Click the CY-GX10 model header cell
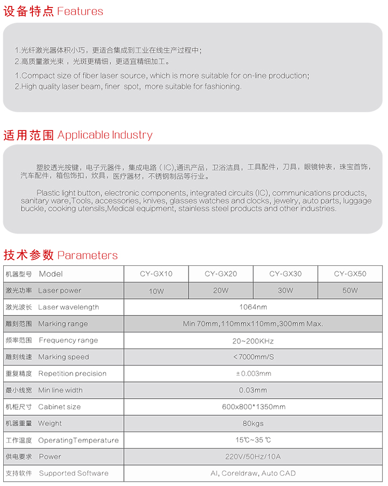point(156,274)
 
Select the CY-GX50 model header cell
point(350,274)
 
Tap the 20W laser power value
point(221,291)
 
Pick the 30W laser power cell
point(286,291)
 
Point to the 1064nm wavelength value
point(253,307)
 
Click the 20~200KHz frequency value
point(253,341)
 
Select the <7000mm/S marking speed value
point(253,357)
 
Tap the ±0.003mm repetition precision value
point(253,374)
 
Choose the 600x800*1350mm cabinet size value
point(253,407)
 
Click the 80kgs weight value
point(253,423)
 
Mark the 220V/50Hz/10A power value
point(253,457)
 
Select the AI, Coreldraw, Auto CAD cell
point(253,474)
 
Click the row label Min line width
point(60,390)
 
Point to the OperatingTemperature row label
point(78,440)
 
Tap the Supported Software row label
point(73,474)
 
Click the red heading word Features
point(80,11)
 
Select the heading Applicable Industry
point(105,135)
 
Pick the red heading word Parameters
point(87,255)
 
